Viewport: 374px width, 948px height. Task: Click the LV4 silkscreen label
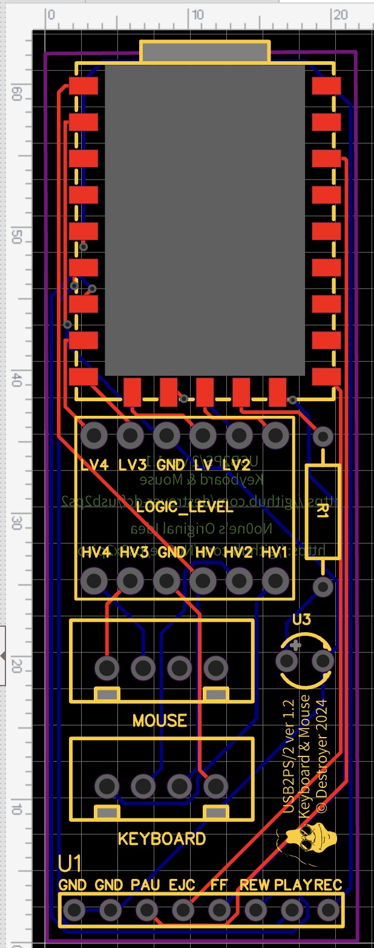(x=94, y=466)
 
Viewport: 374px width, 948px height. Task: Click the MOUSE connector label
(x=160, y=721)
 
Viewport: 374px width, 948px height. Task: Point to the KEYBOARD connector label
(x=162, y=839)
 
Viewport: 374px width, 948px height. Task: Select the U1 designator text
(x=70, y=863)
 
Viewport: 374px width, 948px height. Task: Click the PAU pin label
(x=145, y=885)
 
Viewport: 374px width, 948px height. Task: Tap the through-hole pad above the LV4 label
(x=93, y=435)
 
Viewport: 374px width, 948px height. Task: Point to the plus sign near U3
(x=295, y=646)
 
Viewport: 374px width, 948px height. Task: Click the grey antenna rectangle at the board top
(x=205, y=52)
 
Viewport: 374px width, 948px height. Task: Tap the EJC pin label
(x=182, y=885)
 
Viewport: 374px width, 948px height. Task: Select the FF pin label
(x=218, y=885)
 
